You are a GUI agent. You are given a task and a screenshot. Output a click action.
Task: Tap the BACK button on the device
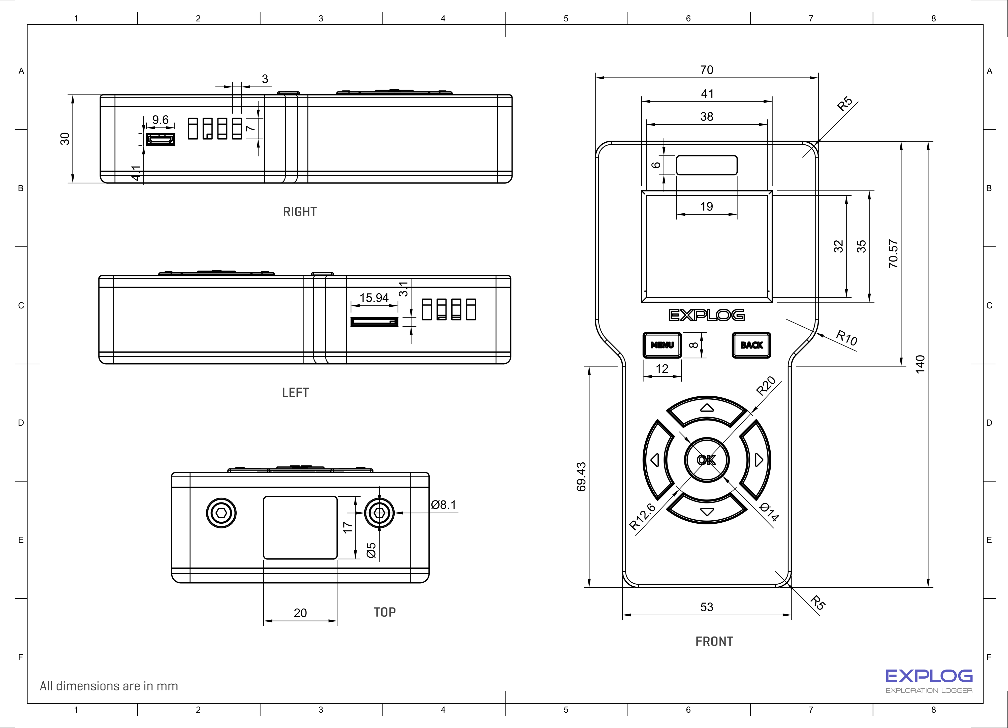[x=751, y=345]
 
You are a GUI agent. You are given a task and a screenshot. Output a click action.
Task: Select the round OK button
[x=707, y=460]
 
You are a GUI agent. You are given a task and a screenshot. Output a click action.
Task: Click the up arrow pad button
[x=707, y=410]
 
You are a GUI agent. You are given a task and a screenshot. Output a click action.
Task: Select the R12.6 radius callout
[x=643, y=516]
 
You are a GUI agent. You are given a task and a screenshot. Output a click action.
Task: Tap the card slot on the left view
[x=374, y=322]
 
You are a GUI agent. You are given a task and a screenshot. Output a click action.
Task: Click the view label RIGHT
[x=300, y=212]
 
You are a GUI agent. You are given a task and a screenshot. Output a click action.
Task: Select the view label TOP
[x=385, y=612]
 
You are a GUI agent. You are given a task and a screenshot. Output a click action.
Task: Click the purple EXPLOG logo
[x=929, y=676]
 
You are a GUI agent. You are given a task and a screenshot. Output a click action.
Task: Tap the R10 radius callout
[x=847, y=338]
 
